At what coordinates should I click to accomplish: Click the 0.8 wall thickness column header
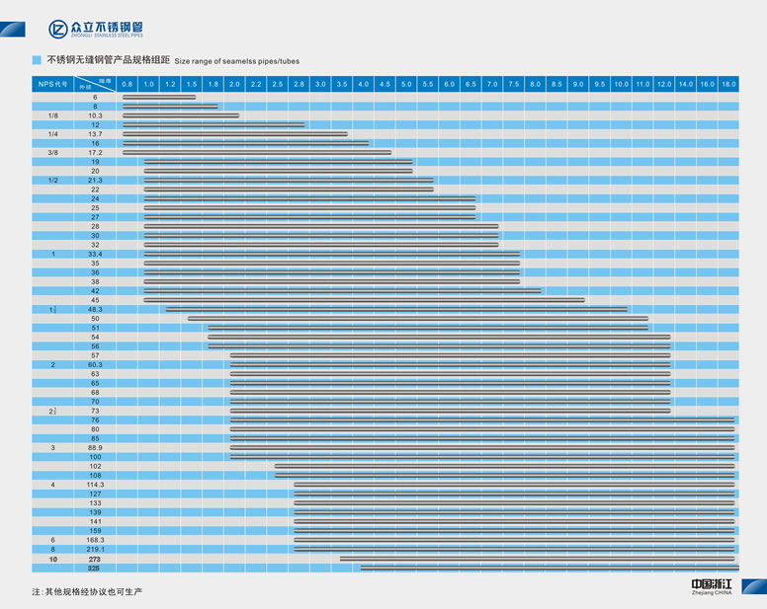tap(127, 85)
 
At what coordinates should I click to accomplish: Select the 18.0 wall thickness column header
tap(728, 85)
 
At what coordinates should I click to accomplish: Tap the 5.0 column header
tap(406, 85)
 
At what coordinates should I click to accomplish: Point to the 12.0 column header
tap(663, 85)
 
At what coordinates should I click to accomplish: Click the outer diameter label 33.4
tap(95, 255)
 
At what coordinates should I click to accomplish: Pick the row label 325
tap(95, 569)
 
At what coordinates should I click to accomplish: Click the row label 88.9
tap(95, 448)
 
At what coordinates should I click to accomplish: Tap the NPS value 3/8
tap(53, 153)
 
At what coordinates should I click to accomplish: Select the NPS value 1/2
tap(53, 181)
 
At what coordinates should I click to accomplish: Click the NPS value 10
tap(53, 560)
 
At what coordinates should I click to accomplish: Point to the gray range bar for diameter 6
tap(159, 97)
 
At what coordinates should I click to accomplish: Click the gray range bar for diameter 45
tap(364, 300)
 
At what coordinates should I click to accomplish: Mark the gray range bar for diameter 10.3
tap(181, 115)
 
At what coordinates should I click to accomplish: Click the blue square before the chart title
tap(37, 60)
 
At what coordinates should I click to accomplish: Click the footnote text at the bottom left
tap(88, 591)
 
